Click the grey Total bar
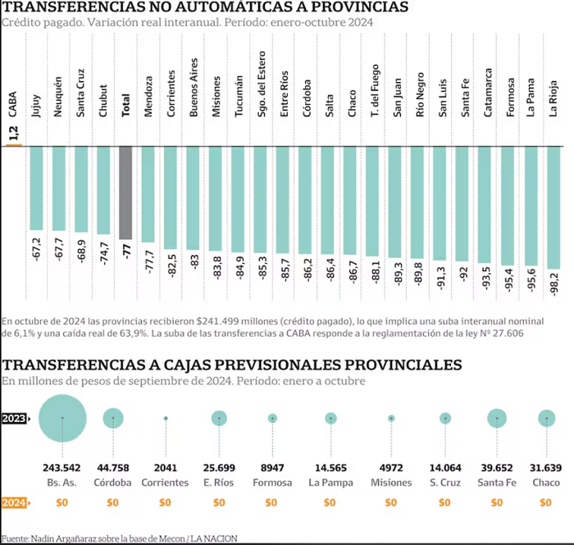coord(125,193)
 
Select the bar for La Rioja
coord(553,208)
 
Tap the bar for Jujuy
coord(36,188)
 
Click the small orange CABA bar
coord(14,146)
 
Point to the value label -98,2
coord(554,284)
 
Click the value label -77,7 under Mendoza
coord(148,262)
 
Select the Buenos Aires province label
coord(194,88)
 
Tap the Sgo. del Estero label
coord(262,84)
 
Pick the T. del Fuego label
coord(375,91)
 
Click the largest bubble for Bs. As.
coord(62,418)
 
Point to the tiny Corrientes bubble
coord(166,418)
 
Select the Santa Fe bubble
coord(497,418)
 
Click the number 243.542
coord(61,468)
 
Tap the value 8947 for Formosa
coord(272,468)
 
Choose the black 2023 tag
coord(14,418)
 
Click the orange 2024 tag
coord(14,502)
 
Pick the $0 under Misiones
coord(391,502)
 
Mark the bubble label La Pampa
coord(331,483)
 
